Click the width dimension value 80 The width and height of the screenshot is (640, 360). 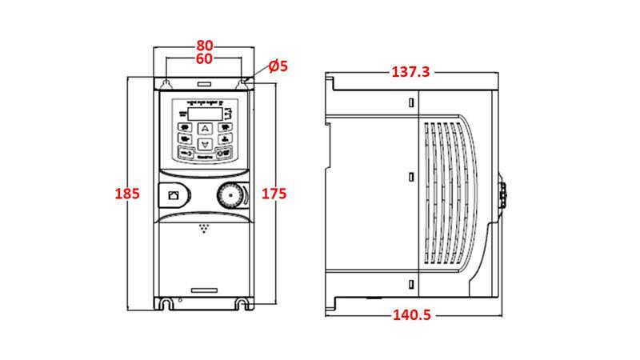point(205,46)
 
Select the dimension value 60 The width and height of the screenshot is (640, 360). point(205,59)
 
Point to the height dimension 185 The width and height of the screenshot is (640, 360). point(128,194)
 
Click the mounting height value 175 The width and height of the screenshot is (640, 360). point(274,194)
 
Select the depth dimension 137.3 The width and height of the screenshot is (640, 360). point(410,72)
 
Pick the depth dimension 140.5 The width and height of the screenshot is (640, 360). point(411,315)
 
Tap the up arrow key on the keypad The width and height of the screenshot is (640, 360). point(205,128)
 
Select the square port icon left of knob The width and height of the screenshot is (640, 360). point(174,194)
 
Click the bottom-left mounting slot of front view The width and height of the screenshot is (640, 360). point(166,304)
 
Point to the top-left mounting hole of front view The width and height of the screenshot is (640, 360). point(166,82)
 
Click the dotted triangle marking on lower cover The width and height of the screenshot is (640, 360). point(206,230)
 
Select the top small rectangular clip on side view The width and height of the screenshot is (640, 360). point(411,103)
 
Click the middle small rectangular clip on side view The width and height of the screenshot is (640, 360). point(411,176)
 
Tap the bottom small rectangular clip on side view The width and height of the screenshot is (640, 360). point(411,285)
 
